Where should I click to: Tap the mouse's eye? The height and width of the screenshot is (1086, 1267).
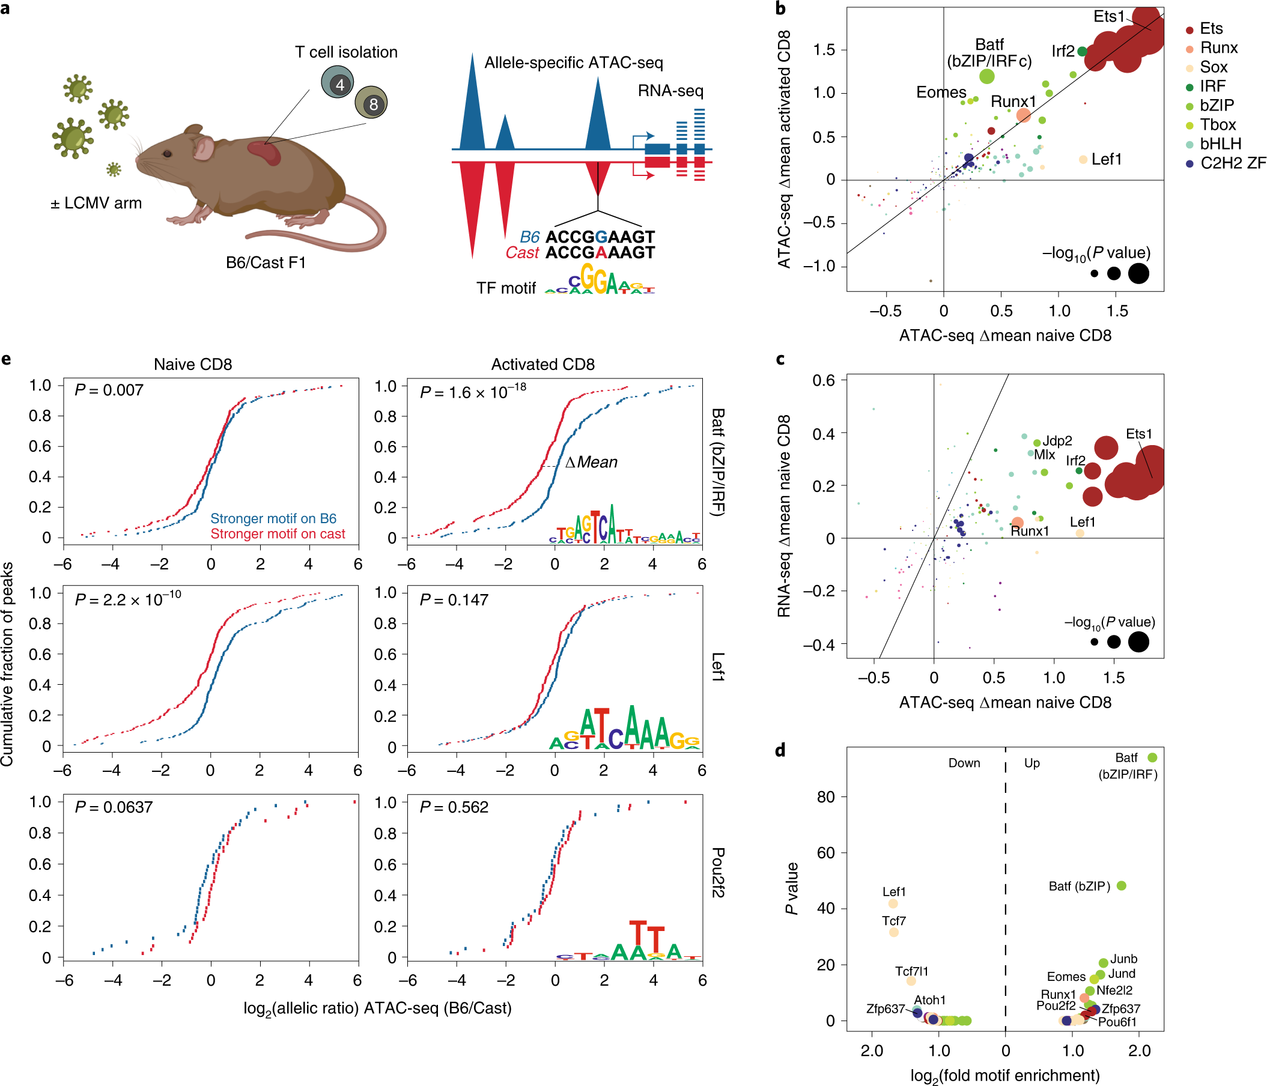[167, 153]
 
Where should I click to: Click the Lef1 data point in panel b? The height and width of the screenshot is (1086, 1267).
[1083, 160]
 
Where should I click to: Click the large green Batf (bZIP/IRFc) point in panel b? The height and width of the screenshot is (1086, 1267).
[986, 76]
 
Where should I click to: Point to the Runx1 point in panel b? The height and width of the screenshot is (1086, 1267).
[1024, 115]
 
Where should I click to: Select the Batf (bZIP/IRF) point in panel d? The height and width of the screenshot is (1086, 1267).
[1152, 757]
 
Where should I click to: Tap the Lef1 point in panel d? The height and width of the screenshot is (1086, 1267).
[893, 903]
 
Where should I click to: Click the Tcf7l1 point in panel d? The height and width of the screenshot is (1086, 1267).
[911, 981]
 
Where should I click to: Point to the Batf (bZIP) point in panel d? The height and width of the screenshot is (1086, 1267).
[1121, 885]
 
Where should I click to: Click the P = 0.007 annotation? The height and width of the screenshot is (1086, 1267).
[109, 390]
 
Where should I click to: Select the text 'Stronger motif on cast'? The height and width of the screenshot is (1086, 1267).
[278, 534]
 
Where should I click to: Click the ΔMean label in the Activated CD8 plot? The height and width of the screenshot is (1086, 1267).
[591, 463]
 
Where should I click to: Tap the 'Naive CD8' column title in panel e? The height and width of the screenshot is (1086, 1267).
[193, 365]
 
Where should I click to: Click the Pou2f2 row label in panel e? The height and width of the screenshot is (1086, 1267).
[718, 872]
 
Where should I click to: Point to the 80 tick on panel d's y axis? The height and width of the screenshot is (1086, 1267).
[825, 796]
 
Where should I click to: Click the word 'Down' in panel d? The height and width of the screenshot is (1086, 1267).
[964, 763]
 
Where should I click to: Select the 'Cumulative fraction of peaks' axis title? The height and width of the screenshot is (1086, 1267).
[7, 664]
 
